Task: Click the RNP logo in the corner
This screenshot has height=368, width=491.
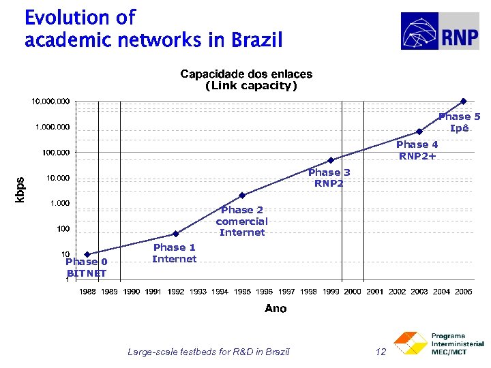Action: (439, 31)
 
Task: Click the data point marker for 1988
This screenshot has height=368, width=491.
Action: (87, 254)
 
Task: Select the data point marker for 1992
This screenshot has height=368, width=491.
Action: (175, 234)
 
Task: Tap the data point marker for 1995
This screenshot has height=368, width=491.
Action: (242, 196)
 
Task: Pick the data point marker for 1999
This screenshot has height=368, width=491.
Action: (331, 160)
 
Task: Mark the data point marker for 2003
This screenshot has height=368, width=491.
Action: (419, 132)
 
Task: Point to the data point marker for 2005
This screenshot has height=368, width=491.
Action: (464, 102)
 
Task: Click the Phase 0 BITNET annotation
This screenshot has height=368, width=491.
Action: (87, 267)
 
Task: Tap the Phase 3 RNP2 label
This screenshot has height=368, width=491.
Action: (329, 178)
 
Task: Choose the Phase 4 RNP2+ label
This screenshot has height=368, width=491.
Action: (417, 150)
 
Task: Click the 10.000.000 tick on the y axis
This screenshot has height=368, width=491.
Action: (50, 102)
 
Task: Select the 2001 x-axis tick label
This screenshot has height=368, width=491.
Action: (375, 292)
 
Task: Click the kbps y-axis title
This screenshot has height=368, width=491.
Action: (20, 189)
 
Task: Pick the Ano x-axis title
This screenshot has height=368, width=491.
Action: (276, 309)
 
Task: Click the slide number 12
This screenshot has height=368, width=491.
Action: (381, 352)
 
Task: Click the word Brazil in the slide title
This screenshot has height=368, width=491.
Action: (256, 41)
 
